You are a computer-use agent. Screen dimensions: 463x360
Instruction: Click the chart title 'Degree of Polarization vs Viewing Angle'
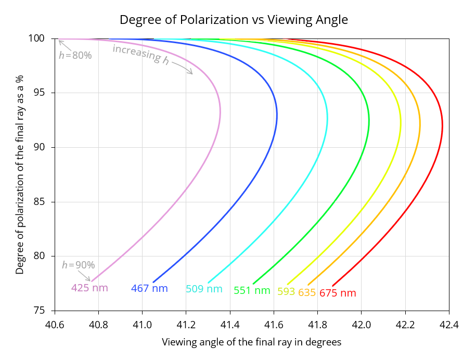(x=234, y=20)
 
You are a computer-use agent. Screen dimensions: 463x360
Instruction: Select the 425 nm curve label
(x=89, y=288)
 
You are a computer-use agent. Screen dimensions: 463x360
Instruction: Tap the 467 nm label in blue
(x=149, y=288)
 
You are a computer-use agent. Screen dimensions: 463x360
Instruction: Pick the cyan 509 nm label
(x=204, y=289)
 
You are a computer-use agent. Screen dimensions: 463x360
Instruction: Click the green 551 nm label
(x=252, y=291)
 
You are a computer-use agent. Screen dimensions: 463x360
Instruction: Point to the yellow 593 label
(x=286, y=291)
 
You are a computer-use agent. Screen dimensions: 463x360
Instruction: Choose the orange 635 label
(x=307, y=292)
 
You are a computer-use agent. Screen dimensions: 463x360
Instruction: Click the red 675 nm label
(x=338, y=293)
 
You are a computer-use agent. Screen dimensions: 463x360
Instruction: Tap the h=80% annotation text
(x=75, y=55)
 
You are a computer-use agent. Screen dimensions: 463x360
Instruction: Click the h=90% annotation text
(x=78, y=265)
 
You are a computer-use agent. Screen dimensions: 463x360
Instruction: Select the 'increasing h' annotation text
(x=141, y=54)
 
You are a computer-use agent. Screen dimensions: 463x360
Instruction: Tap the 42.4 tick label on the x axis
(x=449, y=325)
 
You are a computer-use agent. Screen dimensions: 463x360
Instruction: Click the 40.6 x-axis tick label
(x=55, y=325)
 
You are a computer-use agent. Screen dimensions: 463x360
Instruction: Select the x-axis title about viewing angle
(x=252, y=342)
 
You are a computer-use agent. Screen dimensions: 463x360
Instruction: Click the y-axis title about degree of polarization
(x=19, y=174)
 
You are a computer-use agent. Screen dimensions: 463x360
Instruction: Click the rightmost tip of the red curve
(x=442, y=125)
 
